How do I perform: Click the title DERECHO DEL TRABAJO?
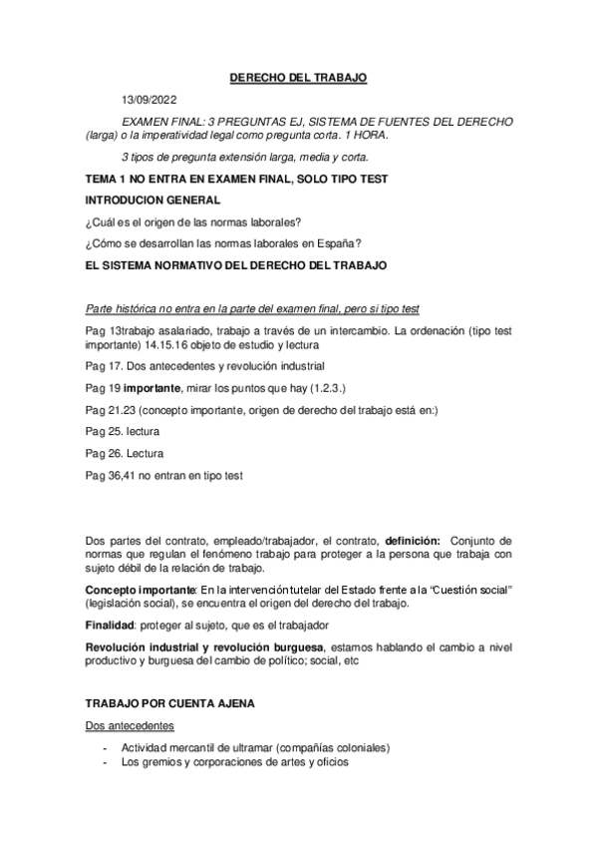[298, 76]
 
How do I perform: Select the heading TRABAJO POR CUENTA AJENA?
[169, 703]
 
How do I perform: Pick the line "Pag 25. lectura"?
[124, 431]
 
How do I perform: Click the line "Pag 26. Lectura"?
[125, 453]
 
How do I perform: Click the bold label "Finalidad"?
[113, 624]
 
